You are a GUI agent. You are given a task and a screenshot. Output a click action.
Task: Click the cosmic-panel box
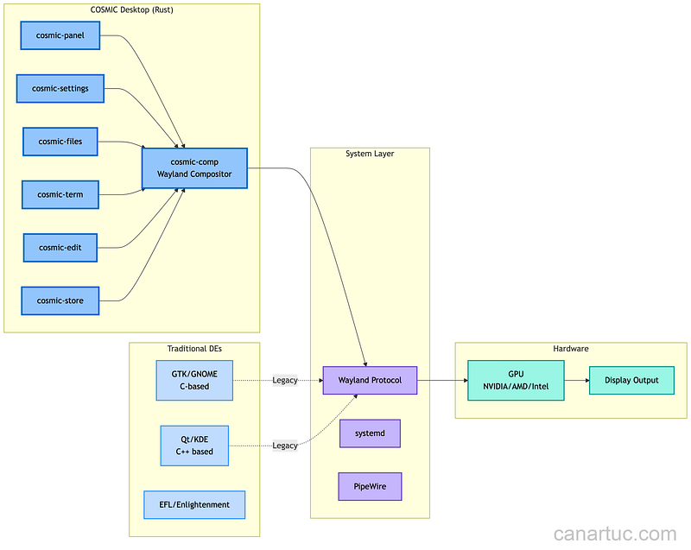click(60, 36)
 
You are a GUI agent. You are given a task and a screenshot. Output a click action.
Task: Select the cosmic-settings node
click(60, 88)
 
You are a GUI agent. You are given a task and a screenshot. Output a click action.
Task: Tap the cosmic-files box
click(60, 142)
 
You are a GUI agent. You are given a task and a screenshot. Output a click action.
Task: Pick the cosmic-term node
click(60, 194)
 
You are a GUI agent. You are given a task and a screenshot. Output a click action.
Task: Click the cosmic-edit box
click(60, 248)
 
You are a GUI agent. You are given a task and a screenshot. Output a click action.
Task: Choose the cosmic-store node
click(60, 300)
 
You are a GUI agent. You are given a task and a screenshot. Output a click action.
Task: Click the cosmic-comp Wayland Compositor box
click(195, 168)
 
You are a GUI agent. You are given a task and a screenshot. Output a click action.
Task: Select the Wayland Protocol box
click(370, 380)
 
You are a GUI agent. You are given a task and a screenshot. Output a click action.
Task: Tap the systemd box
click(370, 433)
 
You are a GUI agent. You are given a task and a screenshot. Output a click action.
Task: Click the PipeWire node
click(370, 486)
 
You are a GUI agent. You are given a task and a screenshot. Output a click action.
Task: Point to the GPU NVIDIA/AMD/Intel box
click(516, 380)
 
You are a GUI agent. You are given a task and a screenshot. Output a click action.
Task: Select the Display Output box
click(631, 380)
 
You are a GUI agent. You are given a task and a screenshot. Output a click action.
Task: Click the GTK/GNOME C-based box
click(194, 380)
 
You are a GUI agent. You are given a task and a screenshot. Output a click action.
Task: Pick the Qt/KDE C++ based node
click(194, 446)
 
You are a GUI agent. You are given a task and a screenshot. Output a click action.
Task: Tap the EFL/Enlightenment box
click(194, 504)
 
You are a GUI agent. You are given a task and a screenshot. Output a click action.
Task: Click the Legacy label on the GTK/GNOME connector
click(284, 380)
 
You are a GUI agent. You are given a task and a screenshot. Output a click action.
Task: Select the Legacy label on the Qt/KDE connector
click(284, 446)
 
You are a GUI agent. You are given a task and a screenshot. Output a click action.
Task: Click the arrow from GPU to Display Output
click(576, 380)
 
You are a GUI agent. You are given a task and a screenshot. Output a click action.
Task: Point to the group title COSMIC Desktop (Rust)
click(131, 9)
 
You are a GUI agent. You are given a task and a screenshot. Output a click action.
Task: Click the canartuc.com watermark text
click(614, 534)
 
